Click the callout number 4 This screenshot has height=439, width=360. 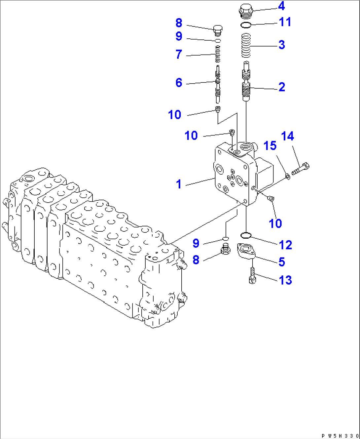(x=281, y=6)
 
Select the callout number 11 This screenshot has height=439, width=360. (x=285, y=22)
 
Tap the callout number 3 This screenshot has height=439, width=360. (x=281, y=45)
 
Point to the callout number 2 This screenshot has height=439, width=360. (x=281, y=87)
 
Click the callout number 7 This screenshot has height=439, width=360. (x=179, y=54)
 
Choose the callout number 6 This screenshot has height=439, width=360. (x=179, y=83)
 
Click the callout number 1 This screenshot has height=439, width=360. (x=179, y=184)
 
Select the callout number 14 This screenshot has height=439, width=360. (x=287, y=136)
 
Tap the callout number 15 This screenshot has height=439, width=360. (x=270, y=145)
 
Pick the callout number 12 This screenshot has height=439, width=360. (x=285, y=245)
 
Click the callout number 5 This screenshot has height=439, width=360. (x=281, y=262)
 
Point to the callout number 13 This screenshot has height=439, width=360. (x=285, y=280)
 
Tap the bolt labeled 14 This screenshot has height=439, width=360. (x=301, y=169)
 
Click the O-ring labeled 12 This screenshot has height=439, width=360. (x=246, y=235)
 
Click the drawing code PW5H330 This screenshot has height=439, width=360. (x=340, y=436)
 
